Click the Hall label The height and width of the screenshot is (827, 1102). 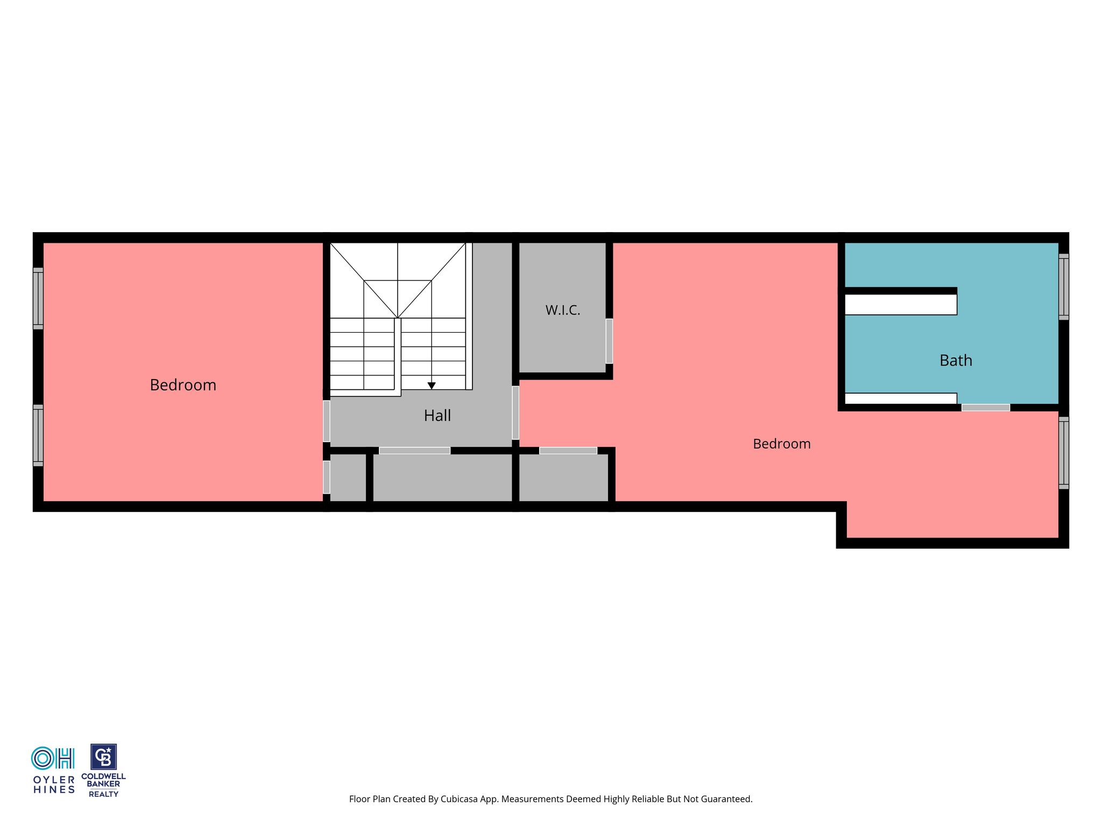tap(437, 416)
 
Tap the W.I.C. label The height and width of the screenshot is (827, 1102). tap(563, 310)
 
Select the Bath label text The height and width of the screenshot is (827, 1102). tap(956, 360)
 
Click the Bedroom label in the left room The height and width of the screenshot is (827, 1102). tap(183, 385)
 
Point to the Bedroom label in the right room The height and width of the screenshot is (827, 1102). tap(782, 444)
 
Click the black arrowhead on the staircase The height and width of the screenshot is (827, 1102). tap(432, 386)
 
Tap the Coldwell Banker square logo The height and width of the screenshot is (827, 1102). tap(103, 757)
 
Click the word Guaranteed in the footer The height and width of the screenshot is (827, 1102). tap(727, 799)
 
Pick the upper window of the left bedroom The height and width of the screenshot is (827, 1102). tap(38, 298)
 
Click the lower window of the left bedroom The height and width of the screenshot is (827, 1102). tap(38, 435)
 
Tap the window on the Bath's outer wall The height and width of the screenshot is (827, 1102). tap(1064, 286)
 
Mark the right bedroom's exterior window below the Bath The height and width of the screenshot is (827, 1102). tap(1064, 452)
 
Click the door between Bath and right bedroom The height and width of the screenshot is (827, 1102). tap(986, 408)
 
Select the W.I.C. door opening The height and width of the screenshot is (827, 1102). tap(609, 341)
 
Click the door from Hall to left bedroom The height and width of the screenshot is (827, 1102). tap(327, 421)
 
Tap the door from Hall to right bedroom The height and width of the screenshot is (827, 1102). tap(515, 412)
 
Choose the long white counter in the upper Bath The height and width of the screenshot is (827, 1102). tap(901, 304)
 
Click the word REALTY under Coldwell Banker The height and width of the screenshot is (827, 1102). tap(103, 794)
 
